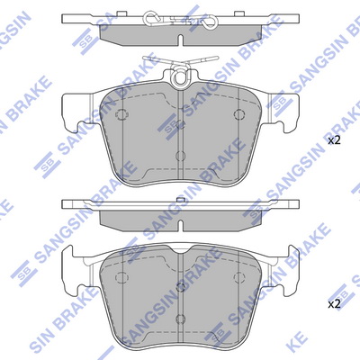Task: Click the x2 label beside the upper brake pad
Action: [x=334, y=141]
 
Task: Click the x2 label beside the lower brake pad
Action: [x=334, y=305]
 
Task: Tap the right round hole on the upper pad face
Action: [x=238, y=114]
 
